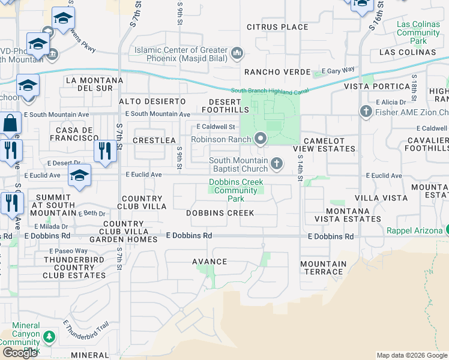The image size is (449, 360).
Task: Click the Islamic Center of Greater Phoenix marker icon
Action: point(237,54)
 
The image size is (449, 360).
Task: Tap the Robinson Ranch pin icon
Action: point(260,139)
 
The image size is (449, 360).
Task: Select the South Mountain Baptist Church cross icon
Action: point(277,163)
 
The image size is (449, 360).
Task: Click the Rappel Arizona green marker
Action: point(447,230)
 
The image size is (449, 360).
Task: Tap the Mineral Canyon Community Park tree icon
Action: point(48,337)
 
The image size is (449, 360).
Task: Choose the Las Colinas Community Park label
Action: point(418,32)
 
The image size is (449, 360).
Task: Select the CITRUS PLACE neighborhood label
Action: point(277,27)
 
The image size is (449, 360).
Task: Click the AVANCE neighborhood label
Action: point(209,262)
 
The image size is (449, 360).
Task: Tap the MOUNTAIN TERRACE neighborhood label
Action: point(324,268)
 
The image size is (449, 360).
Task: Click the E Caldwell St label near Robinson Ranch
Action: point(215,127)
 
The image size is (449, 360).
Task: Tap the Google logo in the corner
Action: point(20,353)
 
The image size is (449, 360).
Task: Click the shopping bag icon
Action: point(10,124)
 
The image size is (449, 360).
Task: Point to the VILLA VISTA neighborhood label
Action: point(379,197)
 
